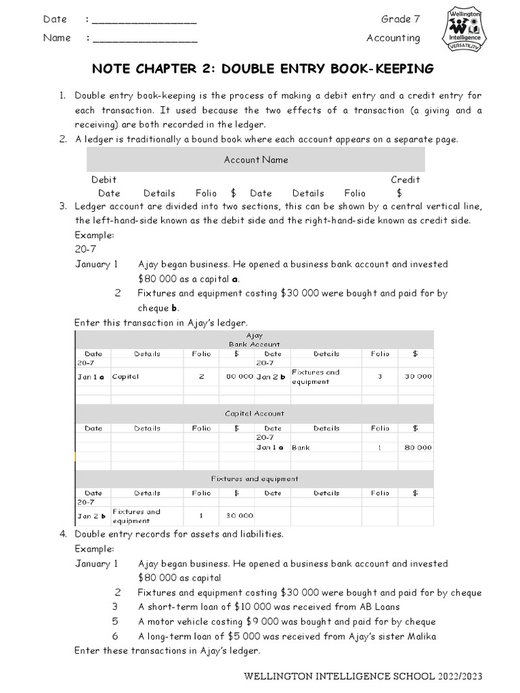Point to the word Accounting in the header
pyautogui.click(x=393, y=38)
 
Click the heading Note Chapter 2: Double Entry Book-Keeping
pyautogui.click(x=263, y=70)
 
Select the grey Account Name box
pyautogui.click(x=256, y=160)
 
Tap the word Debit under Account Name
pyautogui.click(x=104, y=179)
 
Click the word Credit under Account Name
pyautogui.click(x=405, y=179)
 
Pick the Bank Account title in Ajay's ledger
pyautogui.click(x=254, y=344)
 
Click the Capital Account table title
pyautogui.click(x=254, y=413)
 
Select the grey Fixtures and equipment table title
pyautogui.click(x=254, y=478)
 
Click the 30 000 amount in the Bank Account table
pyautogui.click(x=417, y=377)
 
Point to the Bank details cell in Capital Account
pyautogui.click(x=301, y=447)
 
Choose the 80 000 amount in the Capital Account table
pyautogui.click(x=417, y=447)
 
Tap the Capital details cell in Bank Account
pyautogui.click(x=125, y=377)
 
